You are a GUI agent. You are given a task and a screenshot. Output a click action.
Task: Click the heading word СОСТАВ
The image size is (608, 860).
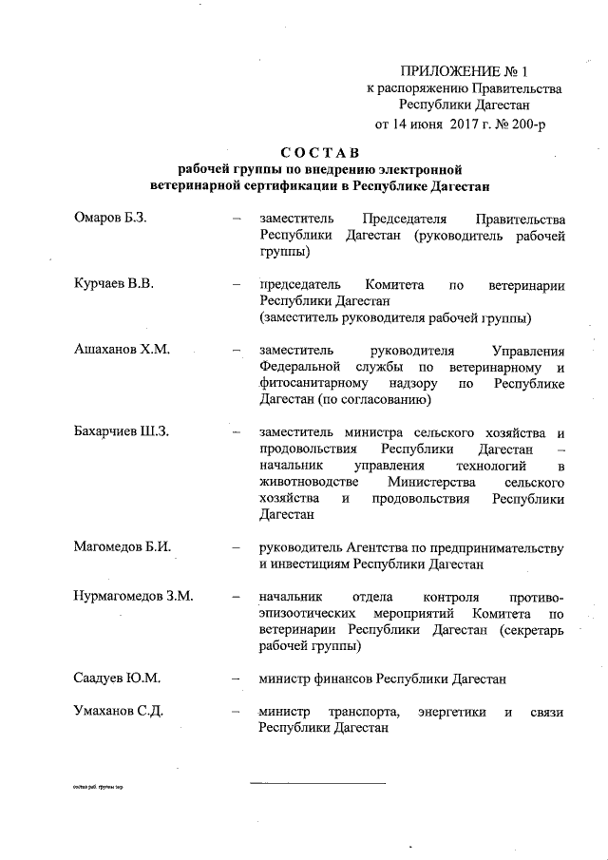(x=319, y=152)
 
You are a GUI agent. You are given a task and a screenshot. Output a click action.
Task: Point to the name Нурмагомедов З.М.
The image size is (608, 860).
(x=134, y=596)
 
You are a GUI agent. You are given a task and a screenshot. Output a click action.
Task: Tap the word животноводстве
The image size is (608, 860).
(x=311, y=483)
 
